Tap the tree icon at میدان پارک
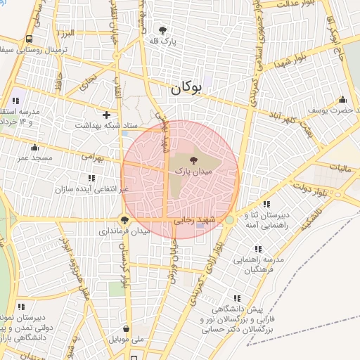(193, 161)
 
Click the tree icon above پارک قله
(163, 30)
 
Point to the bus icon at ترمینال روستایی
(29, 39)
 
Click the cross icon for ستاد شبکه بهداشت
(106, 114)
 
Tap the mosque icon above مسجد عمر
(34, 147)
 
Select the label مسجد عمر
(33, 159)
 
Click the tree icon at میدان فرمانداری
(124, 219)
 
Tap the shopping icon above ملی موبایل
(126, 328)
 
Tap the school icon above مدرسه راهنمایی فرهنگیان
(258, 249)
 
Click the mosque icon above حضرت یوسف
(342, 99)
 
